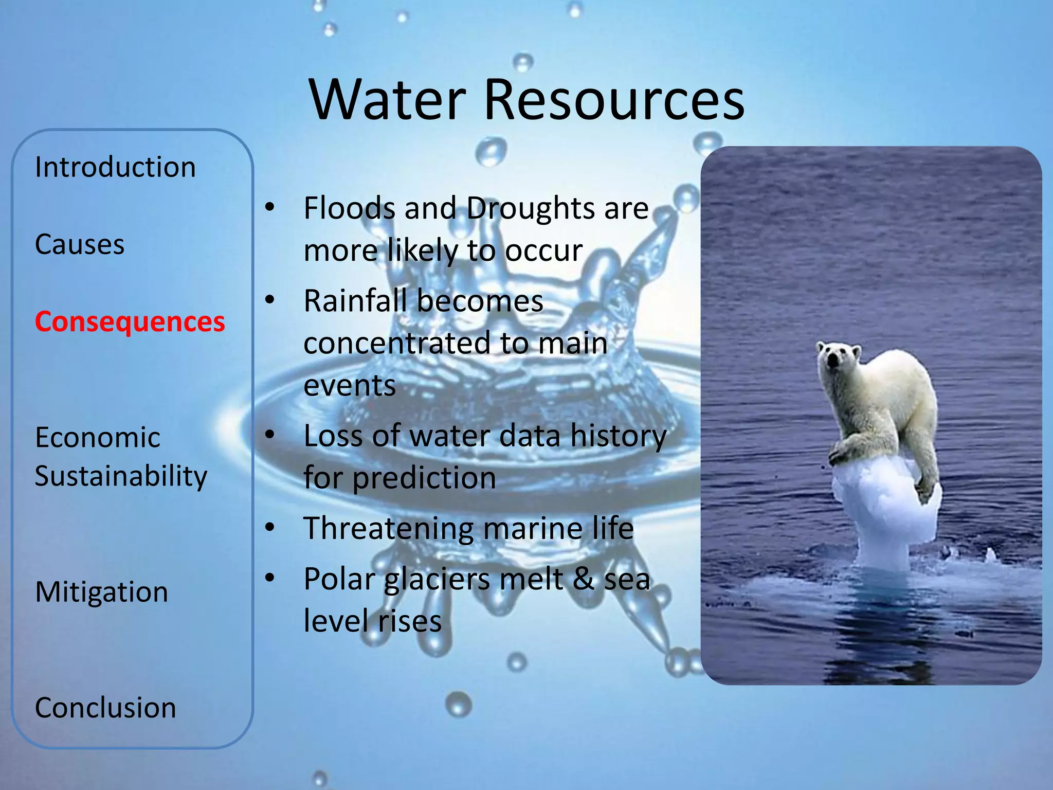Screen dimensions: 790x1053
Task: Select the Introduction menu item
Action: coord(115,167)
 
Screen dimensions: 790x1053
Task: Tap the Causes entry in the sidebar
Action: coord(80,244)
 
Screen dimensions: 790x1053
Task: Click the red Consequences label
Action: coord(130,322)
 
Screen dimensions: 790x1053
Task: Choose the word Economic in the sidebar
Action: coord(98,438)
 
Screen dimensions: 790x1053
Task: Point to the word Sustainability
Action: coord(121,476)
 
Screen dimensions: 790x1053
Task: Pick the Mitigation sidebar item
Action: coord(101,592)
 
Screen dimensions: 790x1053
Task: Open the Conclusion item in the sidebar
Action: coord(105,708)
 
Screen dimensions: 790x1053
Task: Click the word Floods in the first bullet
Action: coord(350,208)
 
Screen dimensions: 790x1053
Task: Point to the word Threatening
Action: coord(389,528)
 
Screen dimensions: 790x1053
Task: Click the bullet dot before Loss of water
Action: coord(270,435)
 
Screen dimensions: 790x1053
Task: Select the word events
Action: coord(350,386)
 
